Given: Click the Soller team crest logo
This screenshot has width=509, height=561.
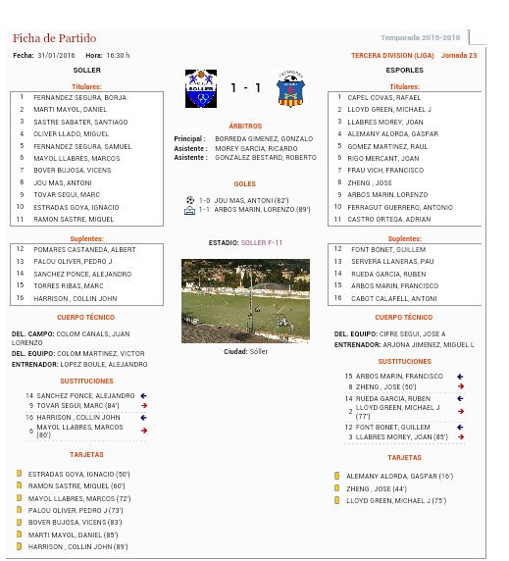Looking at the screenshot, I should coord(200,88).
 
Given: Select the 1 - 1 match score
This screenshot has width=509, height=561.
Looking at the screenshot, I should coord(245,88).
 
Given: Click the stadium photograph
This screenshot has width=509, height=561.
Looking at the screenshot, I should coord(245,301).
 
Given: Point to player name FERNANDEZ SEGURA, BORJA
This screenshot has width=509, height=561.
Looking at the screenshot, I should coord(79,98).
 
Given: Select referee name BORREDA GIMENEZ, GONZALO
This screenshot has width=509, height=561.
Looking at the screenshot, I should coord(264,139).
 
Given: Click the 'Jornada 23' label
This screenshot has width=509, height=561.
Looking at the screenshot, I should coord(459,55).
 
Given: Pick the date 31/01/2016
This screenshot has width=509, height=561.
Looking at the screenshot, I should coord(57,55).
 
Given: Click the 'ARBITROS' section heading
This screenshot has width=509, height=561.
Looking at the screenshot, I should coord(245,126).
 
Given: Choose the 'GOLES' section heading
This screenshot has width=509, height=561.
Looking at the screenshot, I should coord(245,183).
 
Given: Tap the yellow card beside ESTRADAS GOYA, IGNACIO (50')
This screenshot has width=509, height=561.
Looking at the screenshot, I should coord(19,474).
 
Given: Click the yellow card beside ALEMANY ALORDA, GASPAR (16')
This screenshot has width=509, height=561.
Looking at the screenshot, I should coord(336,476).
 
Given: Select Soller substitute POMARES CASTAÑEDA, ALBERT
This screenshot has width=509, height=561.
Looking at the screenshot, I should coord(82,249).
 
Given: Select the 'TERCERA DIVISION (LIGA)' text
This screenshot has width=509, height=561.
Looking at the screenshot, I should coord(392,55).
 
